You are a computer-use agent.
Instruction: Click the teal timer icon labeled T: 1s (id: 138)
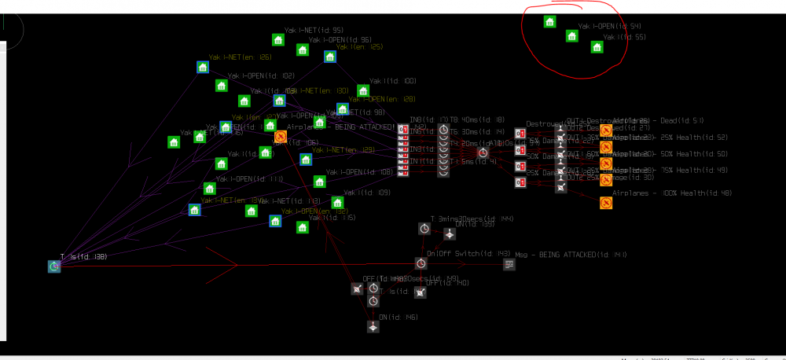[x=53, y=266]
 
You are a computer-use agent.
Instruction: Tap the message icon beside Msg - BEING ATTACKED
[x=509, y=264]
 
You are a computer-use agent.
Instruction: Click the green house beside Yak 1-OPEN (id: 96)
[x=302, y=50]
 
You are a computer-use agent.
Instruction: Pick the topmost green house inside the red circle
[x=550, y=22]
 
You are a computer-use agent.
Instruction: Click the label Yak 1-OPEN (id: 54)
[x=609, y=26]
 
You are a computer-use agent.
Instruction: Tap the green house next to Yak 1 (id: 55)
[x=597, y=47]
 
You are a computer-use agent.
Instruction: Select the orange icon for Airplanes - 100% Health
[x=606, y=203]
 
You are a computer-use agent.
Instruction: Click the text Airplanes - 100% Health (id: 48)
[x=672, y=193]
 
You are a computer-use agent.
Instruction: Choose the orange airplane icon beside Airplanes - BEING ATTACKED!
[x=281, y=137]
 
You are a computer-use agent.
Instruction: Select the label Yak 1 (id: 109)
[x=373, y=193]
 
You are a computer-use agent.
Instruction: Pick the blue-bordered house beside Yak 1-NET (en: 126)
[x=202, y=68]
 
